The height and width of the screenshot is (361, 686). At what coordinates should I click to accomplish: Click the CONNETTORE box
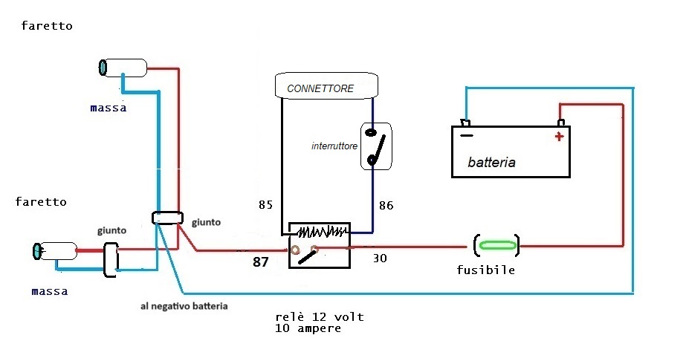326,86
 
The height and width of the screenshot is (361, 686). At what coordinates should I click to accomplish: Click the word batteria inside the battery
491,161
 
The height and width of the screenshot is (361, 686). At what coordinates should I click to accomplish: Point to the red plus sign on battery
559,136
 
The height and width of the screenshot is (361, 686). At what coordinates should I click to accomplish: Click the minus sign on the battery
466,136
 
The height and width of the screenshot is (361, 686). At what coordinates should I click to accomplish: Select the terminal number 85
266,204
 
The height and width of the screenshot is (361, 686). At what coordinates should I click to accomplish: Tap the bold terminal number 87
261,261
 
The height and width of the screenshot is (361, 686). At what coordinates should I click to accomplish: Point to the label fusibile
485,270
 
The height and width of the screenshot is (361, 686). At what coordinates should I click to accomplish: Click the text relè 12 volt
319,316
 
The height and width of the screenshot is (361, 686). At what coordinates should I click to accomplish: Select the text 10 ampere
308,328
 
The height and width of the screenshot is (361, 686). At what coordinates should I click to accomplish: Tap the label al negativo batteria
184,305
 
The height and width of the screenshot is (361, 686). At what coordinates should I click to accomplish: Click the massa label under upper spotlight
108,108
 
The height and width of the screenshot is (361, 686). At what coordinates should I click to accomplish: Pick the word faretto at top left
47,26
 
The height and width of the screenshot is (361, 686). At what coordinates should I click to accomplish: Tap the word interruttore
334,146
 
